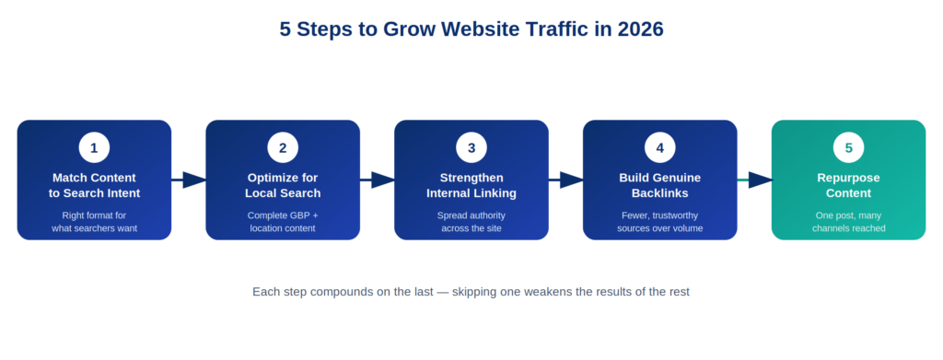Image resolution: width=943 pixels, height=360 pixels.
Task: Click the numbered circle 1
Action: (x=94, y=148)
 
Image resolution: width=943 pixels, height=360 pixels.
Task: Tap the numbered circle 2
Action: (x=283, y=148)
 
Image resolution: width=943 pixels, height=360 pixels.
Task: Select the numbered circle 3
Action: (x=471, y=148)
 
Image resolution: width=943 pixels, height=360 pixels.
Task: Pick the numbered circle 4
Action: (x=659, y=148)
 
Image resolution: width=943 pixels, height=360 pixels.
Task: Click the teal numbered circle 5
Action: (x=848, y=148)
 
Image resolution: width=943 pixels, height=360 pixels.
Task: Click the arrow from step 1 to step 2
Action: (x=189, y=180)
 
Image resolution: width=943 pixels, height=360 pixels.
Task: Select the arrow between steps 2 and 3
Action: (x=377, y=180)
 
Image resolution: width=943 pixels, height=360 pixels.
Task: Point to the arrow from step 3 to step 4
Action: (x=566, y=180)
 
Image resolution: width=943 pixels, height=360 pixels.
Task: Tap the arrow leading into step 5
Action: (x=755, y=180)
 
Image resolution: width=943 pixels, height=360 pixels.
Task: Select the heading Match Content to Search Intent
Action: (x=95, y=186)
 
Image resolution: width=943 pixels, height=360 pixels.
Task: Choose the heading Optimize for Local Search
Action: (x=283, y=186)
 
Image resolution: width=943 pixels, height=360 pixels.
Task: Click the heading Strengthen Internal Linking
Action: (x=471, y=186)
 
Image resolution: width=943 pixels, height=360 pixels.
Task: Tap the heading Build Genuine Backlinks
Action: (x=659, y=186)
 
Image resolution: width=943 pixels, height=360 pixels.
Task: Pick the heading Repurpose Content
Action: (x=848, y=186)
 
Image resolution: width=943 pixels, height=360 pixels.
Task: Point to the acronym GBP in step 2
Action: (x=297, y=215)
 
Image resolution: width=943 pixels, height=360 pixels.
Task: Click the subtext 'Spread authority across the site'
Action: (x=471, y=222)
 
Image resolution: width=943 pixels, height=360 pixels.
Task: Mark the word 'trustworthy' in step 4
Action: (x=675, y=215)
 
